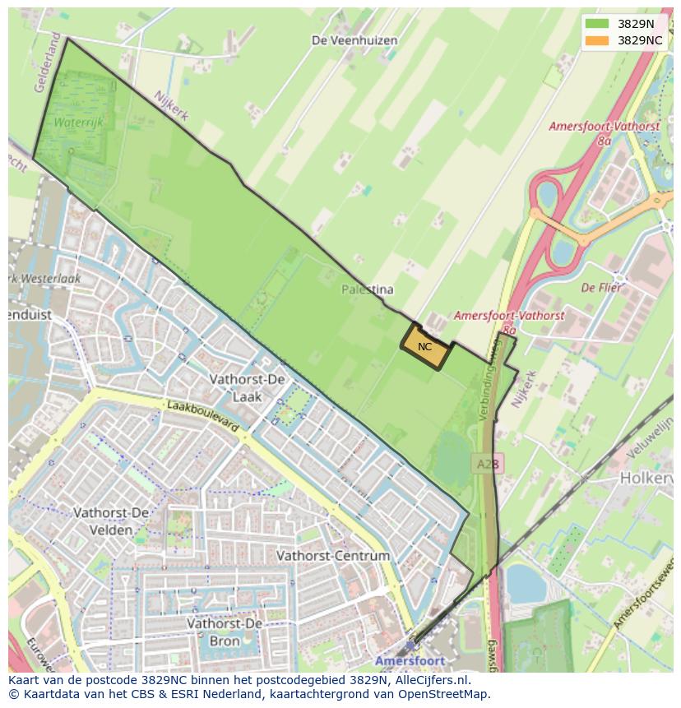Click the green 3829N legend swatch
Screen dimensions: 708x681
pos(598,24)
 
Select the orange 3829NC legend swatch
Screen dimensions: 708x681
pos(598,40)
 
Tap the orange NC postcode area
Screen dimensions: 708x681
pos(426,348)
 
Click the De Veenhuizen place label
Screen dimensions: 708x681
pos(354,40)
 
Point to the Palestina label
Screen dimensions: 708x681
pos(368,289)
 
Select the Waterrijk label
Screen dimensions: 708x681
pos(77,122)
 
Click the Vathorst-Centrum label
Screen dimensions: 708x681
pos(333,556)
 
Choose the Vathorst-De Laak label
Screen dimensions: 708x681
pos(247,387)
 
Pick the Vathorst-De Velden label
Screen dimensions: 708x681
pos(111,521)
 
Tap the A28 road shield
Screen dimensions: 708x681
pos(488,465)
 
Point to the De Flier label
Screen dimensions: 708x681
pos(601,288)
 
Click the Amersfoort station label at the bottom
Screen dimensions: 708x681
pos(410,660)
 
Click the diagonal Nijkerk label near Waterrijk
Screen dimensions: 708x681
pos(172,107)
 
